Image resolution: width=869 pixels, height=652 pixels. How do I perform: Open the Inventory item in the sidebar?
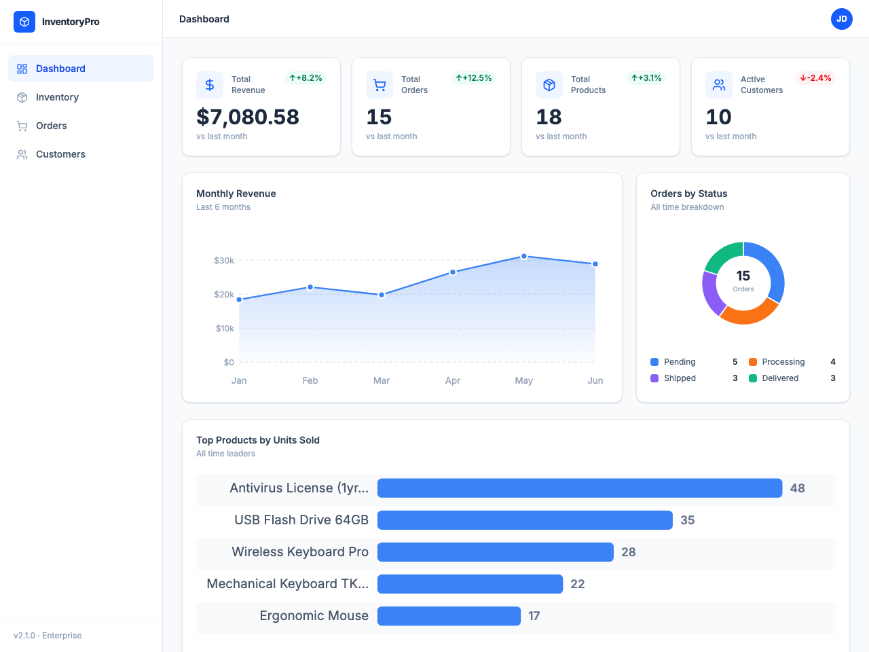click(57, 97)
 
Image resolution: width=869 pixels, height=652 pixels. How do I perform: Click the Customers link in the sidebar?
click(60, 154)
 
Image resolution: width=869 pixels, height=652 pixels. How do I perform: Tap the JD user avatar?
click(841, 19)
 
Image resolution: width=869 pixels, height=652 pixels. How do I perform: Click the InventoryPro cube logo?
click(24, 22)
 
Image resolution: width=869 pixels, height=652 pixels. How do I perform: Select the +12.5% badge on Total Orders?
click(474, 78)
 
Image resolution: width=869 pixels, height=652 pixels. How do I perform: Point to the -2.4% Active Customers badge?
click(815, 78)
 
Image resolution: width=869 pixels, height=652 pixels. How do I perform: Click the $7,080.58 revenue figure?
click(248, 117)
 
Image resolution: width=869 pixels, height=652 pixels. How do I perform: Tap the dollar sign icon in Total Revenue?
click(210, 85)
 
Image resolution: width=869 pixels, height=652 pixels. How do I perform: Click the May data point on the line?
click(524, 257)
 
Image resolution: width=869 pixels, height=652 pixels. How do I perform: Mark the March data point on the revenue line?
click(382, 295)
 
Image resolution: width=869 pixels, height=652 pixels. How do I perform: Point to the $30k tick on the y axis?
click(224, 260)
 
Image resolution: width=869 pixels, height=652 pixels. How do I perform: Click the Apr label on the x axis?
click(453, 380)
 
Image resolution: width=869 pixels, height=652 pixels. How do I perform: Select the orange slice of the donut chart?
click(749, 312)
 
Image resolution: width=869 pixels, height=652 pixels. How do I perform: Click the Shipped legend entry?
click(680, 378)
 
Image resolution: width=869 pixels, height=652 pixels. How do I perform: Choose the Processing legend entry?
click(783, 362)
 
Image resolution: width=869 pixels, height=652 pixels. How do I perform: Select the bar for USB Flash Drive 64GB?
click(525, 520)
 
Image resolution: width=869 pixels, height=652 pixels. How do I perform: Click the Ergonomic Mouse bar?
click(449, 616)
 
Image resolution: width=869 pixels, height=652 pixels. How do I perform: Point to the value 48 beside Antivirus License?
click(798, 488)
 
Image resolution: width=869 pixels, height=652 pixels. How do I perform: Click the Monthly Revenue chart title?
click(236, 194)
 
